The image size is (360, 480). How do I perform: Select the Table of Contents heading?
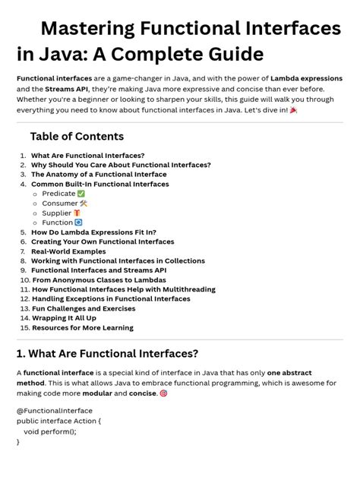click(77, 137)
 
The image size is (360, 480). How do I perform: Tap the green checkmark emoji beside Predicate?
click(81, 194)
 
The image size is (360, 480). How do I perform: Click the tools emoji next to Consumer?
click(84, 204)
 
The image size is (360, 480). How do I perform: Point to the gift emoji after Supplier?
click(77, 213)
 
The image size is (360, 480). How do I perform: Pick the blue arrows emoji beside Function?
click(78, 223)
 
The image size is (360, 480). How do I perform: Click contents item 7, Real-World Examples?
click(68, 251)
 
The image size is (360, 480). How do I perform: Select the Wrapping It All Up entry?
click(64, 318)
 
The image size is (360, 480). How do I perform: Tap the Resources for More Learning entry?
click(82, 328)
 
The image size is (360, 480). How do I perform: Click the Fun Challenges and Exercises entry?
click(84, 308)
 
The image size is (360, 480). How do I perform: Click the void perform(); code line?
click(55, 430)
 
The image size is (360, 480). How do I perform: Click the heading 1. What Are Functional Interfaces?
click(107, 354)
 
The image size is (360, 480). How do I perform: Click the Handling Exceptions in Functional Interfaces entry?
click(111, 299)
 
